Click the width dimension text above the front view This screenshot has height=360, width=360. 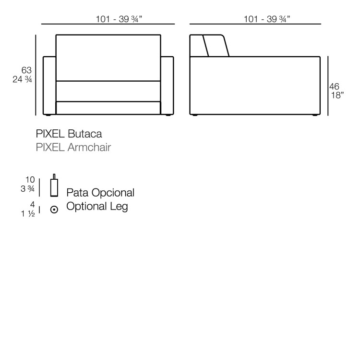119,19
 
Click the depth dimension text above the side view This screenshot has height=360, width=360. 267,19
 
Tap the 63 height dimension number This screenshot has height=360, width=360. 26,70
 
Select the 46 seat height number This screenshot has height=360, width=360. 334,87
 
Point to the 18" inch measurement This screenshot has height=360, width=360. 337,95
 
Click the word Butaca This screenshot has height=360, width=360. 84,134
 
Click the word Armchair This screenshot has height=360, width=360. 89,148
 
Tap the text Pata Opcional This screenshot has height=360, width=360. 100,192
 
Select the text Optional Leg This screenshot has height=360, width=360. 97,206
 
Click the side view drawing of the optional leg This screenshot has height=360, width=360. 54,186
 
